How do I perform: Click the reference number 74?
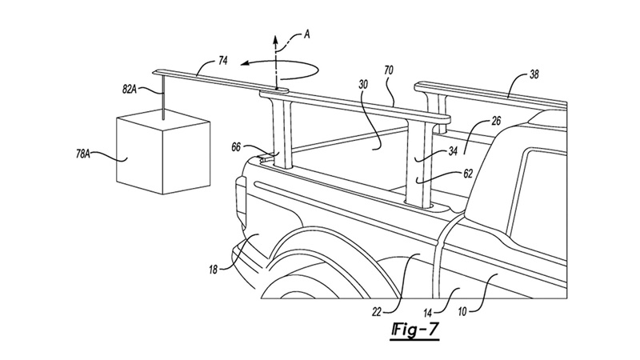[223, 61]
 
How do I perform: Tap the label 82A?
[130, 90]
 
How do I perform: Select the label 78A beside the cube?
[83, 154]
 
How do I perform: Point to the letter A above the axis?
[307, 34]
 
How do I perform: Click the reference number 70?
[389, 70]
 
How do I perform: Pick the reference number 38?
[534, 74]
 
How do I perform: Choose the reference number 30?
[364, 84]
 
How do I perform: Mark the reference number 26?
[496, 122]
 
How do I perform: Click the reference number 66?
[236, 147]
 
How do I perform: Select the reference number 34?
[453, 151]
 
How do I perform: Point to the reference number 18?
[213, 270]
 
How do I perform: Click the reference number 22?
[376, 313]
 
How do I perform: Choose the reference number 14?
[427, 313]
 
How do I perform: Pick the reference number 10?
[462, 312]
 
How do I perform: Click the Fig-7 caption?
[415, 330]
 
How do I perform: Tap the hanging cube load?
[163, 152]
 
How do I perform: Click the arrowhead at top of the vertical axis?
[275, 38]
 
